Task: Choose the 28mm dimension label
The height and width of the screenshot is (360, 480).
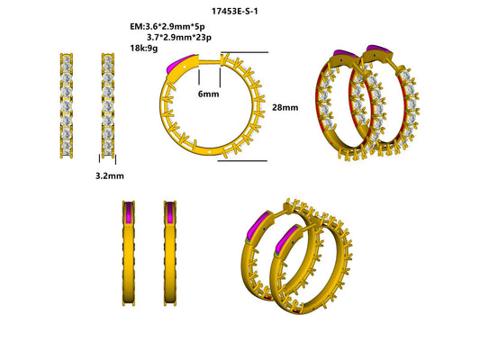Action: [284, 107]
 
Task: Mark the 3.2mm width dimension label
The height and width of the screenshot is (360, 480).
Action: [108, 177]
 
